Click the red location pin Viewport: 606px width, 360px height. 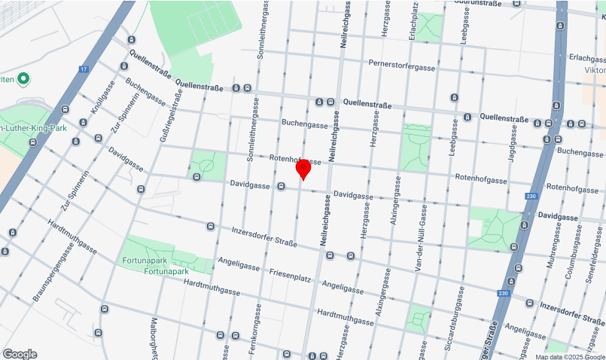point(303,169)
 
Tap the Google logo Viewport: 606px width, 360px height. point(20,354)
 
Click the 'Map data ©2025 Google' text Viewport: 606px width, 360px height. point(570,356)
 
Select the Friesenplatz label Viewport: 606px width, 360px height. point(290,277)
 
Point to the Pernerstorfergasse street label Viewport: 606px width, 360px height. point(402,66)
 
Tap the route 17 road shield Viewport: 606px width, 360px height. point(83,69)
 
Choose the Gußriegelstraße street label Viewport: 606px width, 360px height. point(178,121)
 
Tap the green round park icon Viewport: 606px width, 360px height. point(23,78)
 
